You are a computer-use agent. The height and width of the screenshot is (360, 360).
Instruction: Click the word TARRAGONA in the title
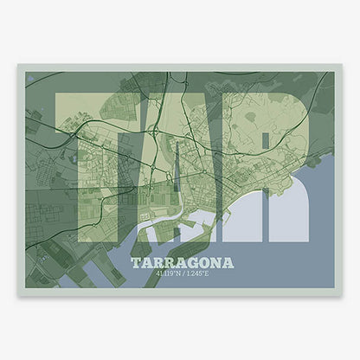[x=180, y=261]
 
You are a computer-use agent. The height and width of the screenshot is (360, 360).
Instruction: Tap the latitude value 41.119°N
[x=164, y=274]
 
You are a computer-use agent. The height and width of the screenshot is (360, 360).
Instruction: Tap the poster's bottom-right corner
[x=342, y=296]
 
